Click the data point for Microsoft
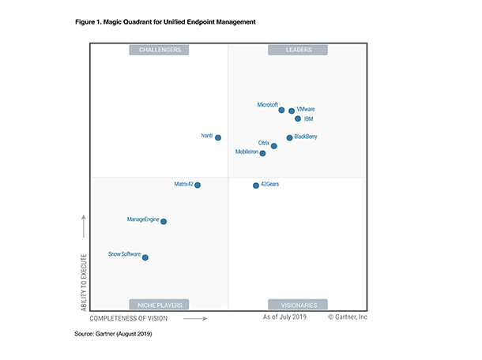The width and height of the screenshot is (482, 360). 281,110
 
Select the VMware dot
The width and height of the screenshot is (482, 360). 292,111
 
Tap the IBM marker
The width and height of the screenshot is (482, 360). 298,119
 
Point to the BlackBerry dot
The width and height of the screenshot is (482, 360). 289,137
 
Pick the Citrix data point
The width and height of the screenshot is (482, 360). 274,146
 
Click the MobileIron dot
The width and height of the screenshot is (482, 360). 263,153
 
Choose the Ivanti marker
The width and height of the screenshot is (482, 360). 218,137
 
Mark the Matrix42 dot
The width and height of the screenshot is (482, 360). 198,185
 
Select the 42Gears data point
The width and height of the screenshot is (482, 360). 255,186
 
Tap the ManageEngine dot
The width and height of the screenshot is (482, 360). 164,222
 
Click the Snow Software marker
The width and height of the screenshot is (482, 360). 145,257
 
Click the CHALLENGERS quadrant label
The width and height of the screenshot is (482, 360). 160,50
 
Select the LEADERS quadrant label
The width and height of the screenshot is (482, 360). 297,50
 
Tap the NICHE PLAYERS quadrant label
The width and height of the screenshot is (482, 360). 160,304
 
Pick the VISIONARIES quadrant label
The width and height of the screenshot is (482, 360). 297,304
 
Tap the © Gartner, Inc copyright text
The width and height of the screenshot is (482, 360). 348,317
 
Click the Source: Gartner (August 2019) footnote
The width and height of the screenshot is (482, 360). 112,335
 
